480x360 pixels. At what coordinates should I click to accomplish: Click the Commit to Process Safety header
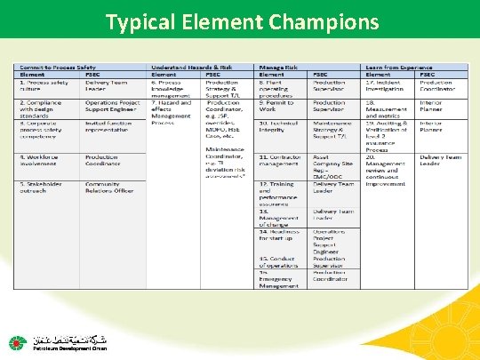coord(58,67)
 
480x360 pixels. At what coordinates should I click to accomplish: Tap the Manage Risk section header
coord(279,67)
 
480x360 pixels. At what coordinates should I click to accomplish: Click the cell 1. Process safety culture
coord(44,86)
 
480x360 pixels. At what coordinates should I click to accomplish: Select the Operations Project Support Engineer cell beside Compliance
coord(112,107)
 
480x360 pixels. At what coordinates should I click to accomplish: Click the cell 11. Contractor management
coord(279,160)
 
